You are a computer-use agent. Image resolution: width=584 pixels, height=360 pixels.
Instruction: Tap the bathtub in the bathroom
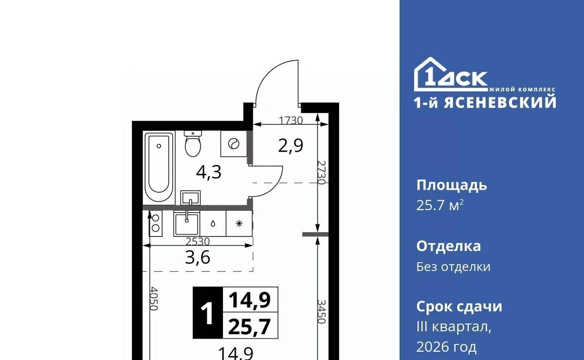pyautogui.click(x=159, y=167)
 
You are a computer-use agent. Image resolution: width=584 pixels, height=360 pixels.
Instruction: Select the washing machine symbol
pyautogui.click(x=234, y=144)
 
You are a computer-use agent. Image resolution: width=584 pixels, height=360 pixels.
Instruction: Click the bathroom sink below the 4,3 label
pyautogui.click(x=190, y=198)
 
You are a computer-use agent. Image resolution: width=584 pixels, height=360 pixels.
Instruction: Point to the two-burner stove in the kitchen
pyautogui.click(x=155, y=223)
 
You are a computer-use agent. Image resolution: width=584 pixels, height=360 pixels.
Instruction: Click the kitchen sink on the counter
pyautogui.click(x=187, y=224)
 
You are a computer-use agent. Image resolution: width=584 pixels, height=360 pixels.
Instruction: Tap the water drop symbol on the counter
pyautogui.click(x=213, y=224)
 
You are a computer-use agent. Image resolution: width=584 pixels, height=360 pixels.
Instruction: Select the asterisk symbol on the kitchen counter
pyautogui.click(x=239, y=224)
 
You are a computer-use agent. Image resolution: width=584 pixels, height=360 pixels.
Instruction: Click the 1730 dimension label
pyautogui.click(x=291, y=121)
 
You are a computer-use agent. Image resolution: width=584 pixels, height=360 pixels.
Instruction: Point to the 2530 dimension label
pyautogui.click(x=198, y=242)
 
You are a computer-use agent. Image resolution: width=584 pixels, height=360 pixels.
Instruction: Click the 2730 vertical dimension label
pyautogui.click(x=322, y=172)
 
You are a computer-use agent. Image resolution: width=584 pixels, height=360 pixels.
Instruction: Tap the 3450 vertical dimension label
pyautogui.click(x=322, y=311)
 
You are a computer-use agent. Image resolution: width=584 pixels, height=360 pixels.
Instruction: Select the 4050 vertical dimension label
pyautogui.click(x=154, y=299)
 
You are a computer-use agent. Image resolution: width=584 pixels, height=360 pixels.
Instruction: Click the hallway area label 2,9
pyautogui.click(x=291, y=146)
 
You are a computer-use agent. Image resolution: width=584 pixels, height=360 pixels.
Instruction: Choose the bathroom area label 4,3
pyautogui.click(x=209, y=172)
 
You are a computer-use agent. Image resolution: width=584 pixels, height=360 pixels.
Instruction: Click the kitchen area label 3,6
pyautogui.click(x=198, y=258)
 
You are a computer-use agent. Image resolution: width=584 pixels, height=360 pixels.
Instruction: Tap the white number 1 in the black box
pyautogui.click(x=207, y=313)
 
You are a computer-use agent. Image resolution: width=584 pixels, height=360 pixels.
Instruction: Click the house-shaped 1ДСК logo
pyautogui.click(x=451, y=74)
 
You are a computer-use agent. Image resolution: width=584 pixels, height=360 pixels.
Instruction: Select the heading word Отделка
pyautogui.click(x=449, y=246)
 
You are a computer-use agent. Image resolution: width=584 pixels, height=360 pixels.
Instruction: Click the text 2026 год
pyautogui.click(x=446, y=347)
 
